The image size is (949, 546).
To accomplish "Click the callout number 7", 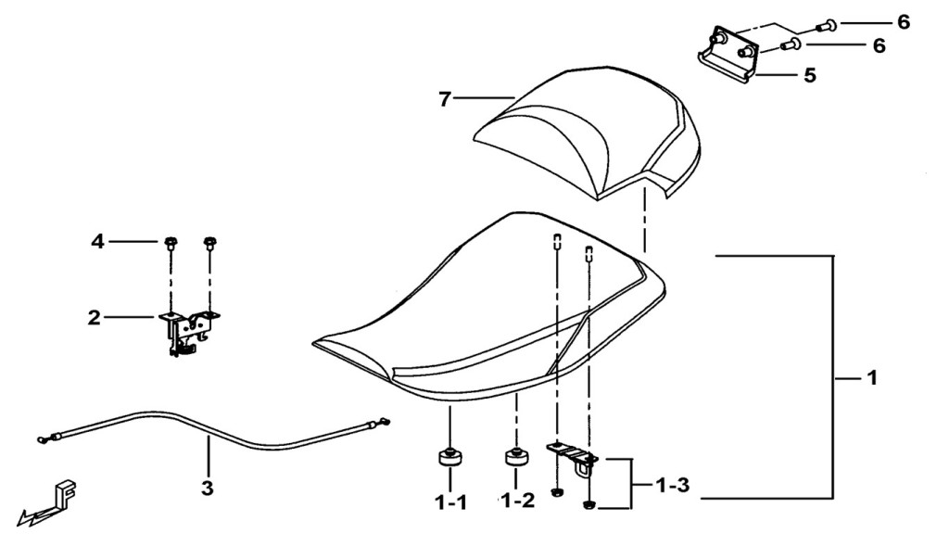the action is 445,98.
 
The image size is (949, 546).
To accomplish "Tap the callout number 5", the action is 810,76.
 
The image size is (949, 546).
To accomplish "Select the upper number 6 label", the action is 903,22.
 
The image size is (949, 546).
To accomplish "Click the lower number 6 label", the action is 879,45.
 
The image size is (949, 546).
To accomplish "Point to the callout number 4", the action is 97,242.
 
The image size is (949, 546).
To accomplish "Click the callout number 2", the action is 94,317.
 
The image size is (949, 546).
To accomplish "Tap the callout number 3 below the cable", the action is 208,488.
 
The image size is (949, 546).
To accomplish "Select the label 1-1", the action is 451,502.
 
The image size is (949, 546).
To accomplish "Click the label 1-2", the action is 517,501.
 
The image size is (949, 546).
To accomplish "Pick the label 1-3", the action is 673,485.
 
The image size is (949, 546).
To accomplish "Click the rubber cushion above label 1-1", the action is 449,457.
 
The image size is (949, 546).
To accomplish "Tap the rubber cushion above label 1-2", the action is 516,457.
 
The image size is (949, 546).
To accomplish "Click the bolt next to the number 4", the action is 171,244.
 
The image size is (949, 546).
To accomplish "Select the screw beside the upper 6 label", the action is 826,25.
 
